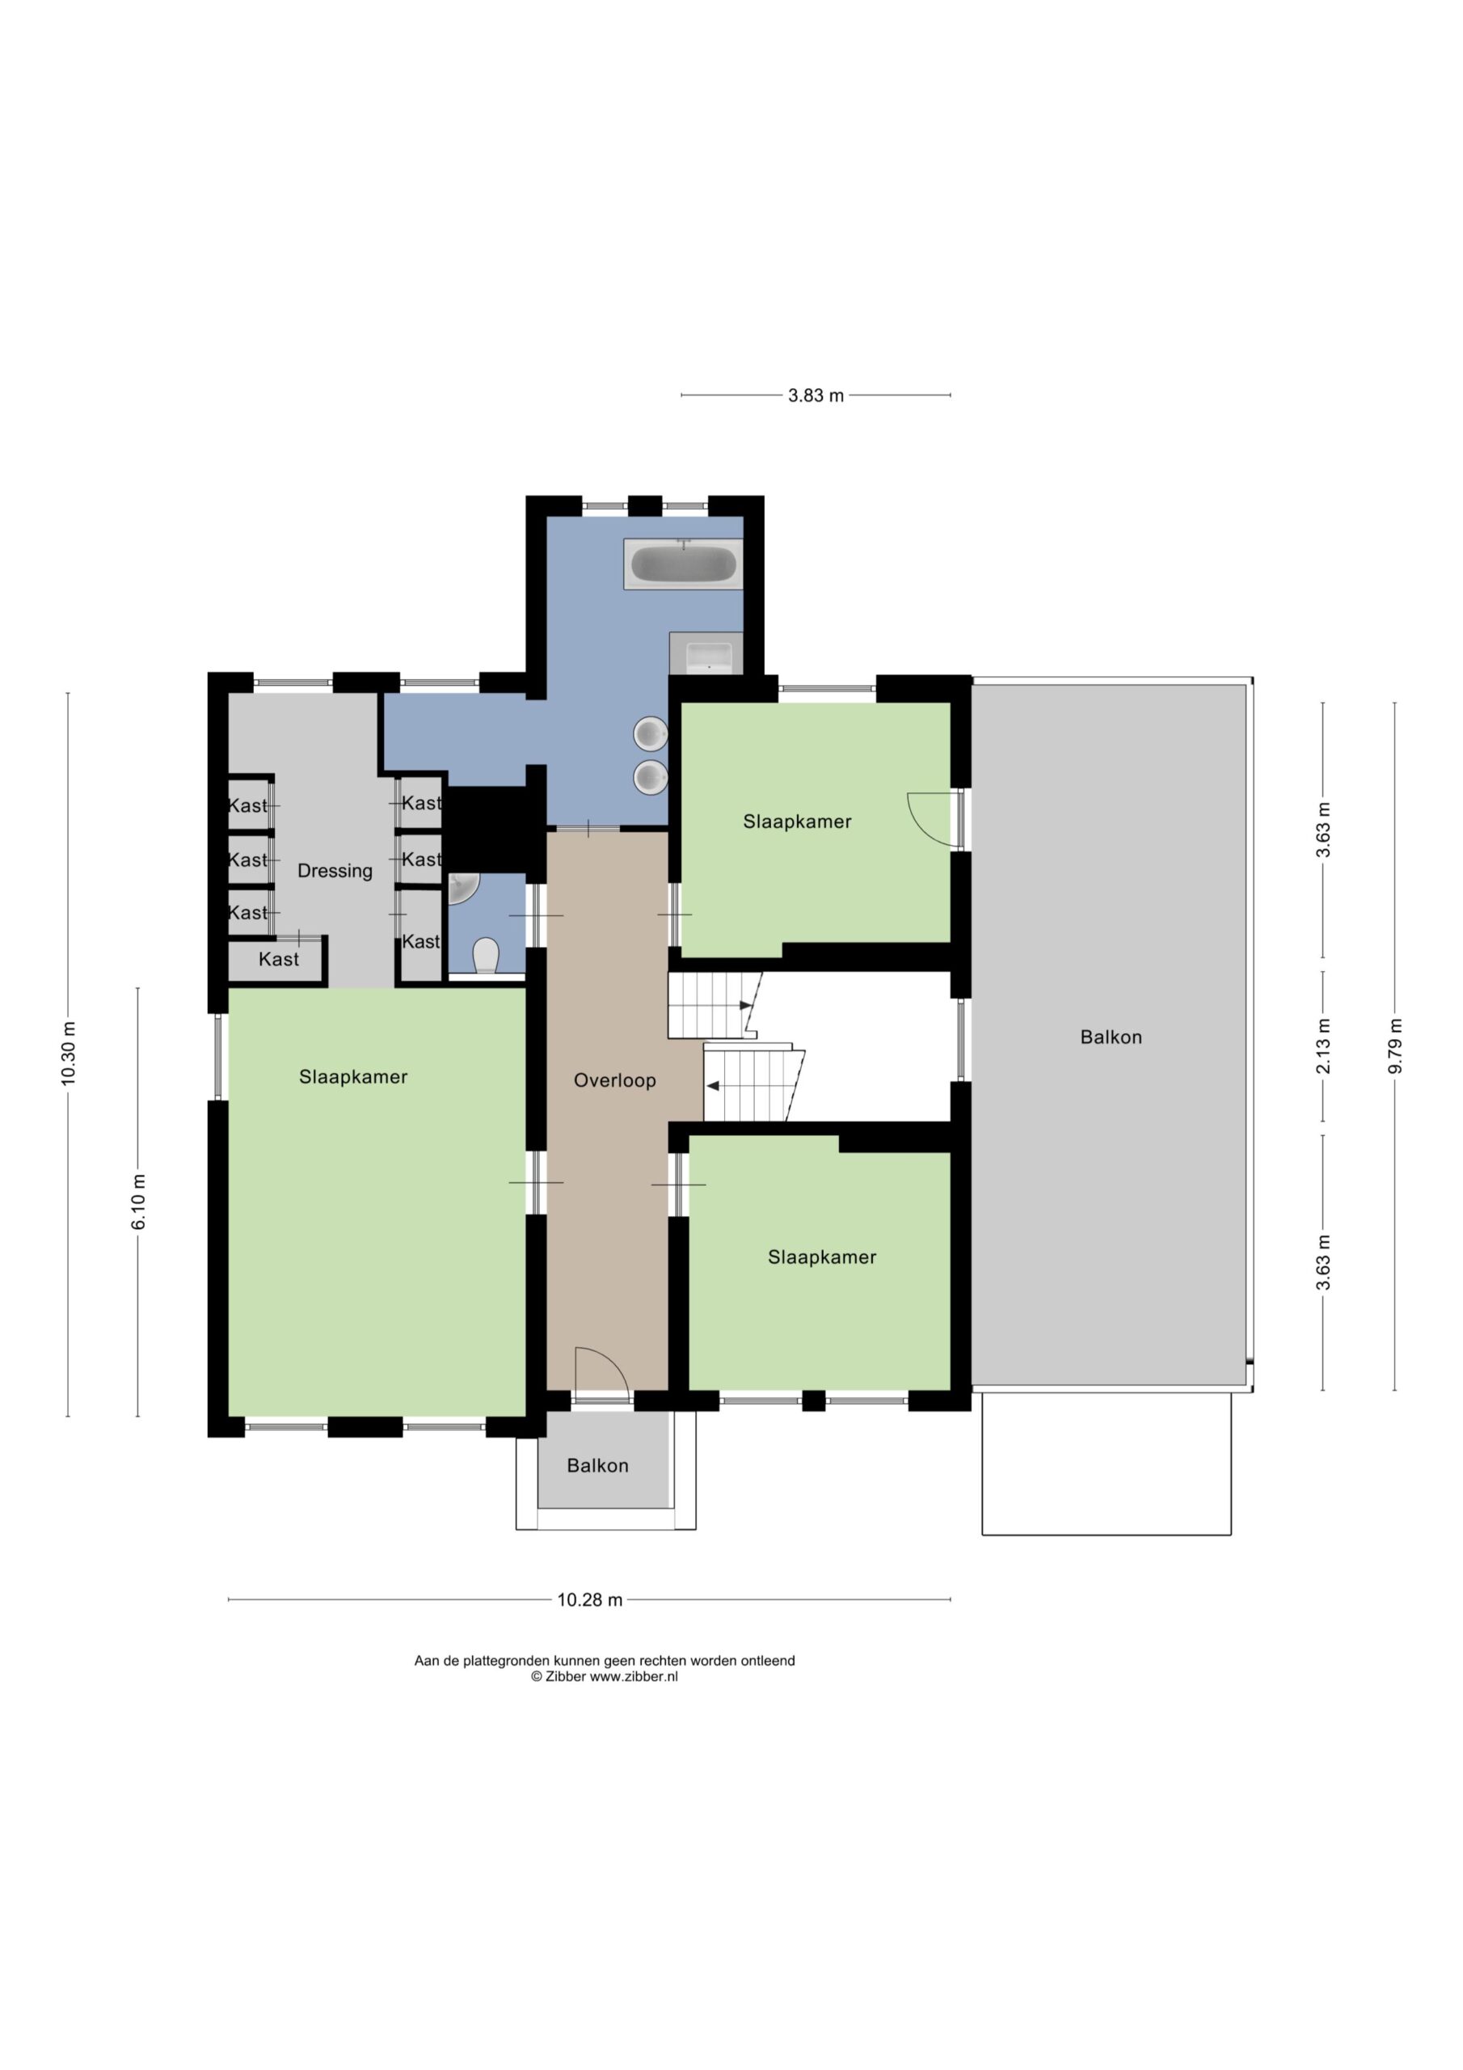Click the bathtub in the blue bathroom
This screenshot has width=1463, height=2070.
click(683, 564)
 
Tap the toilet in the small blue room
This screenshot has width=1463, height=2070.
click(486, 956)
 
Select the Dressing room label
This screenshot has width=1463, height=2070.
click(335, 871)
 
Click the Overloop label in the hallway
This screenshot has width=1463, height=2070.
click(615, 1080)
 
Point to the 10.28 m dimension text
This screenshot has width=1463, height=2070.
click(589, 1600)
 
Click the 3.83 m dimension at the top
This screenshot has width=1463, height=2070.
click(816, 395)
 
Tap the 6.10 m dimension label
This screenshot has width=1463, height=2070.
click(139, 1202)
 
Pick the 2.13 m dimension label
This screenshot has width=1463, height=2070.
click(1323, 1046)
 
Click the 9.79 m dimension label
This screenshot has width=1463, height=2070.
click(1395, 1046)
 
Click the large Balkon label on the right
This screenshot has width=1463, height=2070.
click(1111, 1037)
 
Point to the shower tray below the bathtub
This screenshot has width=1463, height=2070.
click(706, 653)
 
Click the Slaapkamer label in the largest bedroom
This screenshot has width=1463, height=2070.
click(353, 1076)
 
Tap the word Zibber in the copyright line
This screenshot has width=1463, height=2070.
click(565, 1677)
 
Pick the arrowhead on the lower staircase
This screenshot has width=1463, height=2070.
click(712, 1087)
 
